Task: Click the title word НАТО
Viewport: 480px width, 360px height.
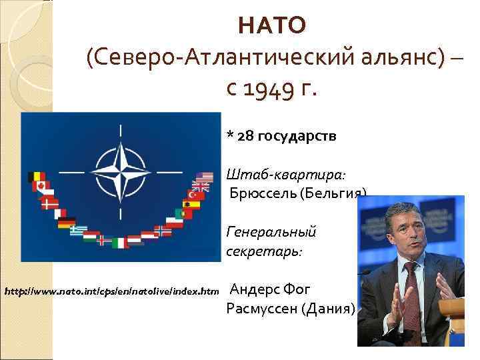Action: tap(272, 25)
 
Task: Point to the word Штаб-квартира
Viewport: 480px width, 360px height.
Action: tap(286, 175)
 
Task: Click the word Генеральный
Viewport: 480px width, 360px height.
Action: tap(271, 232)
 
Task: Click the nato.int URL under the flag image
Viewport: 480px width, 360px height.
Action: tap(111, 291)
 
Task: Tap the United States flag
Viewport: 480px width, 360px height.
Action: tap(203, 178)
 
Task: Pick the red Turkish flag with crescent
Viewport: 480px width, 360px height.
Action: tap(191, 204)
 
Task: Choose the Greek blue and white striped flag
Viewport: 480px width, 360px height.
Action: tap(78, 231)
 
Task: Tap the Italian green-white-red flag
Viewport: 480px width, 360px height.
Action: tap(119, 242)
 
